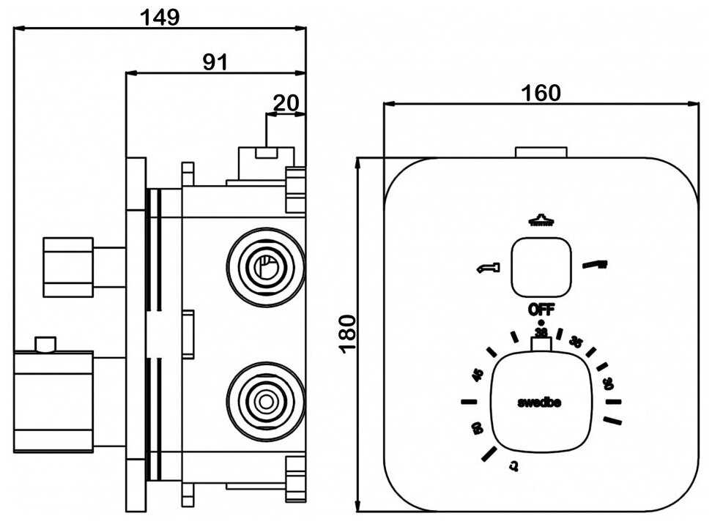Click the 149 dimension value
tap(160, 16)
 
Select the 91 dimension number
tap(215, 62)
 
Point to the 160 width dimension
tap(541, 93)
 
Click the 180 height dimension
tap(348, 333)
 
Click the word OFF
tap(541, 310)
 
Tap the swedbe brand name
tap(540, 402)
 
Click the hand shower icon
tap(596, 264)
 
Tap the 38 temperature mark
tap(541, 333)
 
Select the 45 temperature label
tap(478, 375)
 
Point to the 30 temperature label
tap(608, 381)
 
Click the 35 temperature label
tap(576, 343)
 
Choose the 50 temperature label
tap(476, 428)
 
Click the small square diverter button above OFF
tap(541, 267)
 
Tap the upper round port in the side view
tap(265, 268)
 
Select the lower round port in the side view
tap(265, 401)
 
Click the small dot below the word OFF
tap(541, 322)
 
